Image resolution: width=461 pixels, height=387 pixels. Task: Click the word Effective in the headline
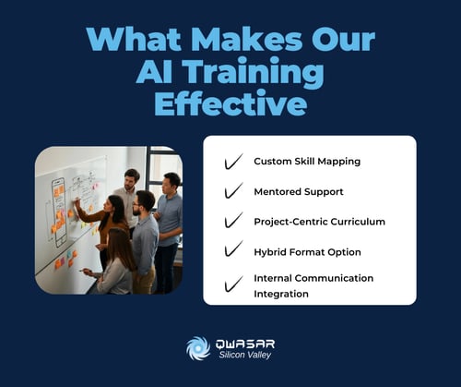pos(230,103)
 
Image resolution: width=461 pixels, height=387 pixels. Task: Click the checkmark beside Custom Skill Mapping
pos(233,162)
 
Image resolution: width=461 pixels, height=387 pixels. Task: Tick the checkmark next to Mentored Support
pos(233,191)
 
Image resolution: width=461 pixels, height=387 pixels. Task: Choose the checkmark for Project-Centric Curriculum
pos(233,222)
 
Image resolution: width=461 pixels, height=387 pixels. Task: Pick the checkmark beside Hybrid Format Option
pos(233,252)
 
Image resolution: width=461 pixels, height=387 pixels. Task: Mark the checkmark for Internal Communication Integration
pos(233,284)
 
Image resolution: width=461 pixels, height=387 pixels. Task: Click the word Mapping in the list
pos(338,162)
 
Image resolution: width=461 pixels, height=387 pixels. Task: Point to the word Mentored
pos(279,191)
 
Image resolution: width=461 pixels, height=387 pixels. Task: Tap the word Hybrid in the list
pos(270,252)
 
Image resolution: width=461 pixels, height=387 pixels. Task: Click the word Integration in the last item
pos(281,294)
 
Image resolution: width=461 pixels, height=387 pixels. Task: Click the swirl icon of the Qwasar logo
pos(198,348)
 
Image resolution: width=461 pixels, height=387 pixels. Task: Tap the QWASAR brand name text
pos(244,343)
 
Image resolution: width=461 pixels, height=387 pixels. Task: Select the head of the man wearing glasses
pos(143,201)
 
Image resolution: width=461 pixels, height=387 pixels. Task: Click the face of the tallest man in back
pos(132,177)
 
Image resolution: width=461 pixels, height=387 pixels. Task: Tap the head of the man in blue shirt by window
pos(171,181)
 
